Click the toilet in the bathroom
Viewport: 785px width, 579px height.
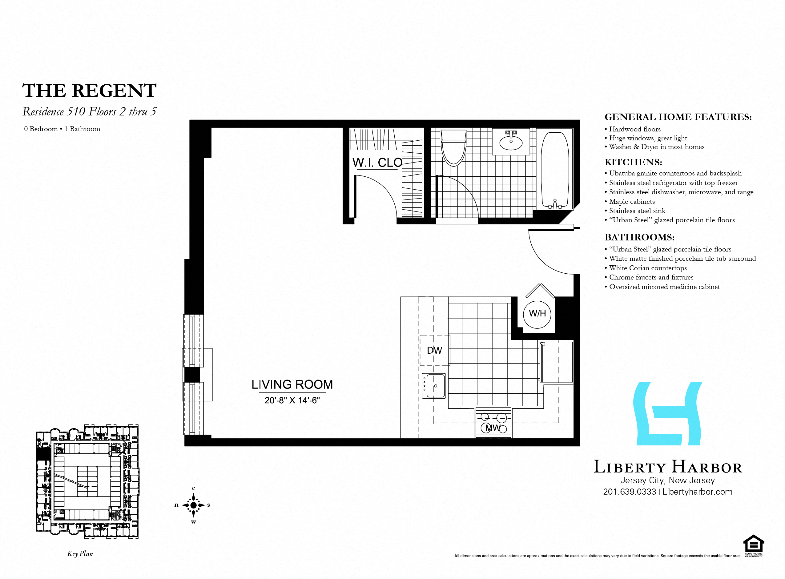tap(453, 149)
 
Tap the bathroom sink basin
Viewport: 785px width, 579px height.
tap(511, 142)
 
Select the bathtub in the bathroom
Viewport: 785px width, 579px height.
tap(555, 170)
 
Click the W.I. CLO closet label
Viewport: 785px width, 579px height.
tap(377, 163)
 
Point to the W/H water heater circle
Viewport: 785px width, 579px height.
tap(537, 314)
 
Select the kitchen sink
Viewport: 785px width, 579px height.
tap(434, 386)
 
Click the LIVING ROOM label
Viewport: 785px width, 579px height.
tap(292, 384)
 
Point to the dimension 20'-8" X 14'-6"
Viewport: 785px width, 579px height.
tap(292, 400)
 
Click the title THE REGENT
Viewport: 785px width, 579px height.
tap(89, 91)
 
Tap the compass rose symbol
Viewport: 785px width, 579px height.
tap(193, 505)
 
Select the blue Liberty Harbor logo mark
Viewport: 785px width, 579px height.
tap(668, 414)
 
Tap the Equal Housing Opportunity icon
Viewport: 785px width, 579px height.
tap(754, 546)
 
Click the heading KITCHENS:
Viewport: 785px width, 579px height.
tap(633, 162)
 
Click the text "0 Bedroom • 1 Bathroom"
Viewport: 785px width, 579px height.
tap(62, 129)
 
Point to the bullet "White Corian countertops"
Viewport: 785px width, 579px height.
tap(648, 268)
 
